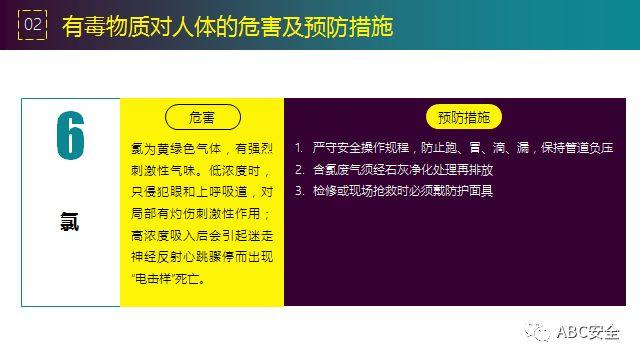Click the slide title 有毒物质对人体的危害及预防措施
(227, 26)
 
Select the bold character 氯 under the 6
(69, 223)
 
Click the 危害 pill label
(202, 116)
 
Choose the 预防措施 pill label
(463, 117)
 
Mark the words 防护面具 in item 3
(469, 191)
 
